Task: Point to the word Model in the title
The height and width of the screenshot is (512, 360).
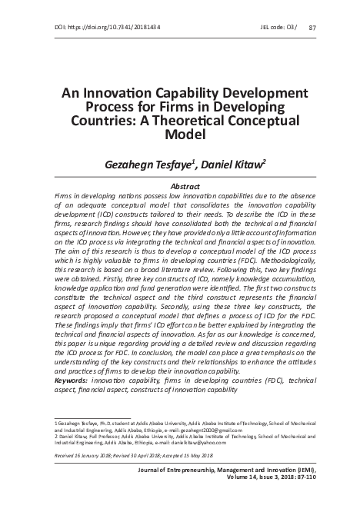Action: (x=179, y=134)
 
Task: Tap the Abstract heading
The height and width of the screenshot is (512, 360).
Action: (x=179, y=187)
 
